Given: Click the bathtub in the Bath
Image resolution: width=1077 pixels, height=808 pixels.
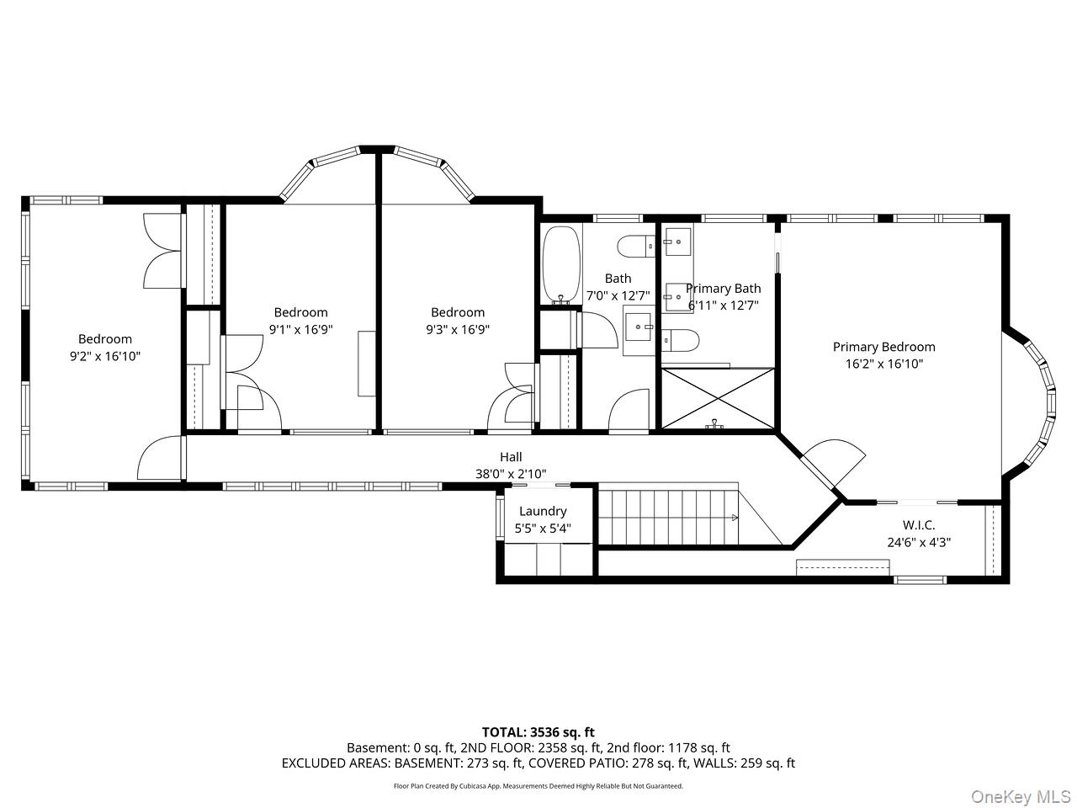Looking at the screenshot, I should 560,263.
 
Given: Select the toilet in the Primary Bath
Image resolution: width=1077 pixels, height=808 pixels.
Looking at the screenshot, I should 681,341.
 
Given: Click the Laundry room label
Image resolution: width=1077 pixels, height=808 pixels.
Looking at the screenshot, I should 543,511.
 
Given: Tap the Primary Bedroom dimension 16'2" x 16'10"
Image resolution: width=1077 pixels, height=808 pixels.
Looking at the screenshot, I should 883,364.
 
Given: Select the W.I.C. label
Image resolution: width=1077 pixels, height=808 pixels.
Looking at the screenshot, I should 919,525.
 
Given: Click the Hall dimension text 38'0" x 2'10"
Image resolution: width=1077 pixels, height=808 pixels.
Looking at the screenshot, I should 511,474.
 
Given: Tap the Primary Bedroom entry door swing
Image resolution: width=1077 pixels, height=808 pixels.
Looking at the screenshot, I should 833,463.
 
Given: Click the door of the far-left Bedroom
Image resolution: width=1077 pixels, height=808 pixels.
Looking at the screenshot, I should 160,459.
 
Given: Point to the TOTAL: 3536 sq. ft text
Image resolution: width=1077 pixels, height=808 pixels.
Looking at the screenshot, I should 538,732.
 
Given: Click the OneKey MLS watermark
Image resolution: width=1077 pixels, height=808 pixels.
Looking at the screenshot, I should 1020,795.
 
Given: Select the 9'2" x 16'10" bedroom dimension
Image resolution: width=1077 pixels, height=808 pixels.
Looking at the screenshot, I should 105,356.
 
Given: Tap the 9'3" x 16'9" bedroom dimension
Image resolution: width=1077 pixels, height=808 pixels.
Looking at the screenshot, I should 458,329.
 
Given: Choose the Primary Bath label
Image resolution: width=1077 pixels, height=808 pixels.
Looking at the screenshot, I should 724,289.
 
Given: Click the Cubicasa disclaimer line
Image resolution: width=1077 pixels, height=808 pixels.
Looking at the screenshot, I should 538,786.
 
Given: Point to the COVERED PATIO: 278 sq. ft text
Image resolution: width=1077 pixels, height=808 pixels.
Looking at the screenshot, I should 604,763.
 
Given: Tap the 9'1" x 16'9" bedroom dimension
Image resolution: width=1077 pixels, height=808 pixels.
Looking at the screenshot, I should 300,329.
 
